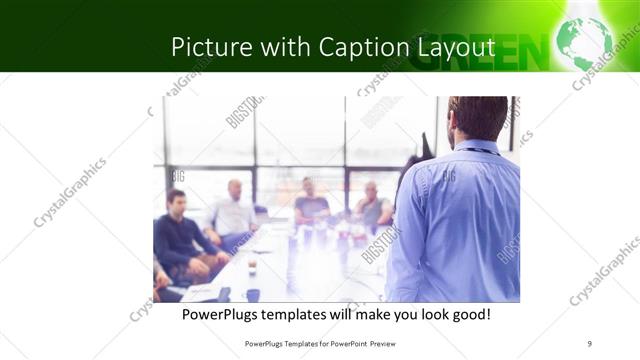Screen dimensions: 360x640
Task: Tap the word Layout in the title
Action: [x=456, y=47]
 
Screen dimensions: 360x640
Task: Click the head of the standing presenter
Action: [x=478, y=118]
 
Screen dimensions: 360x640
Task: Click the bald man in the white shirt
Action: [x=234, y=211]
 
